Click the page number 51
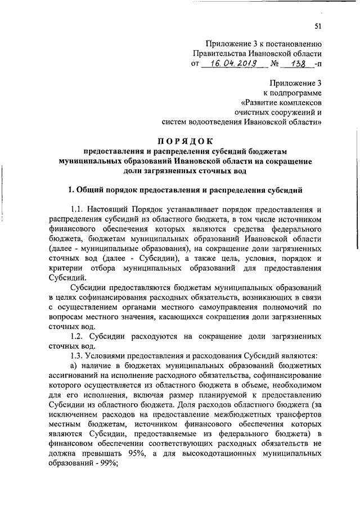pyautogui.click(x=318, y=26)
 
